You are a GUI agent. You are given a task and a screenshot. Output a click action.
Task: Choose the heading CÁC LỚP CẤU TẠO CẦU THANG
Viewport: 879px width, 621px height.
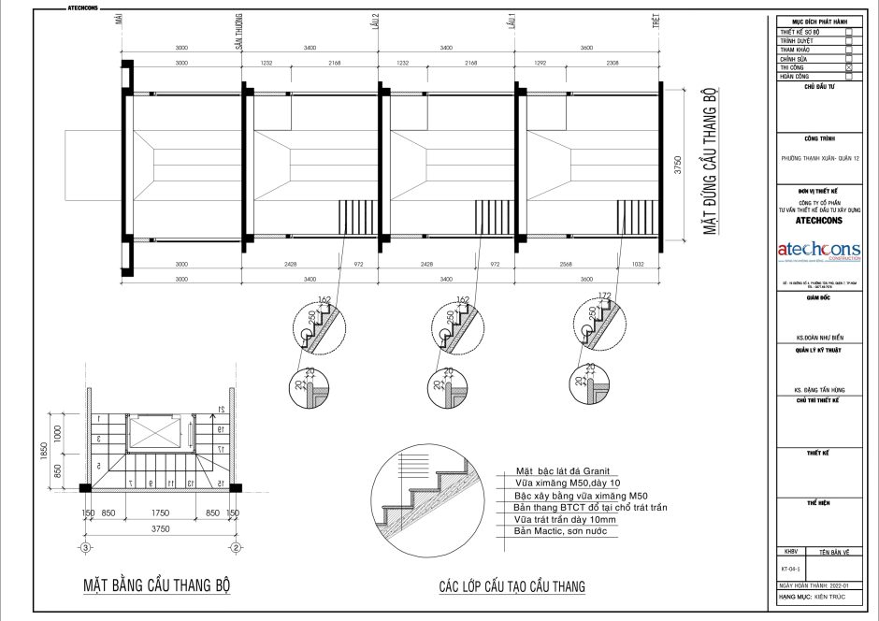[512, 587]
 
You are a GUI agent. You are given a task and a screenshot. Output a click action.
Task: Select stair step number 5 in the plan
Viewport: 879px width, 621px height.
[98, 466]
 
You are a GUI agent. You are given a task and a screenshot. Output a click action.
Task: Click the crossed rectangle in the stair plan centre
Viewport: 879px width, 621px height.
[151, 431]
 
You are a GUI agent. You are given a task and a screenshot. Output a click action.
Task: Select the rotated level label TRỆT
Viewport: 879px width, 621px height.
[656, 25]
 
